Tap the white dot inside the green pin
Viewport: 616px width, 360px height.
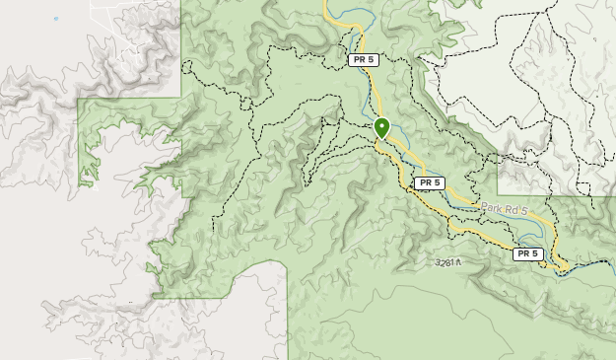(x=381, y=125)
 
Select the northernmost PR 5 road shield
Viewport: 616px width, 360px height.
(x=363, y=60)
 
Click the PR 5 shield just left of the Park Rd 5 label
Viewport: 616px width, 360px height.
(x=429, y=183)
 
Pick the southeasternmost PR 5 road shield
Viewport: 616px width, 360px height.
(x=527, y=254)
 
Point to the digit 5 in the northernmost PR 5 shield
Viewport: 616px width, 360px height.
(x=372, y=60)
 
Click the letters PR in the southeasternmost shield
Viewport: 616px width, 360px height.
(x=522, y=254)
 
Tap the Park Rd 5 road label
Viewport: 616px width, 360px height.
(x=505, y=210)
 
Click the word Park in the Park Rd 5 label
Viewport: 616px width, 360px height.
(x=492, y=208)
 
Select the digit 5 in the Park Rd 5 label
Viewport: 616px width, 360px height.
(x=525, y=212)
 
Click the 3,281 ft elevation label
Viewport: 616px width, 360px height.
(x=448, y=262)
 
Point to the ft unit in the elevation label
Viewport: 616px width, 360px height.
(x=458, y=262)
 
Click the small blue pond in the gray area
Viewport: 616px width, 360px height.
(x=56, y=18)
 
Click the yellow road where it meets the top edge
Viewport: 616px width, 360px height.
(x=326, y=3)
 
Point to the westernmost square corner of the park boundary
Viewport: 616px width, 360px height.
(x=79, y=100)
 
